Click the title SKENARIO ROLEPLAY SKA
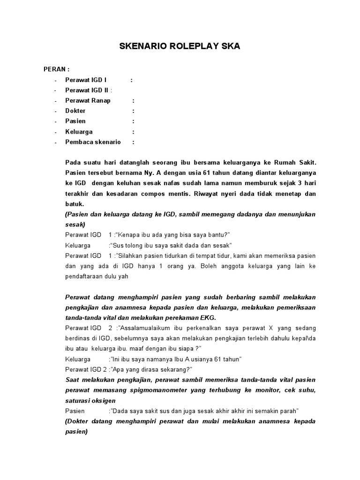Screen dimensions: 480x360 pos(180,46)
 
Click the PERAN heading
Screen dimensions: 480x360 pos(56,69)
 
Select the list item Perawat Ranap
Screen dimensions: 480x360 pos(88,100)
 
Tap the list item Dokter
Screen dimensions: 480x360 pos(75,111)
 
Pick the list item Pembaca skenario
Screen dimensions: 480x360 pos(93,142)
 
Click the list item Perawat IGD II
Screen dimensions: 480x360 pos(87,90)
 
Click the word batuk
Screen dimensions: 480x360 pos(75,204)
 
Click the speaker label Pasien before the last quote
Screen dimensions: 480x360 pos(75,411)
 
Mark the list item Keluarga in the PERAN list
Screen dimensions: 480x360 pos(79,131)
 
